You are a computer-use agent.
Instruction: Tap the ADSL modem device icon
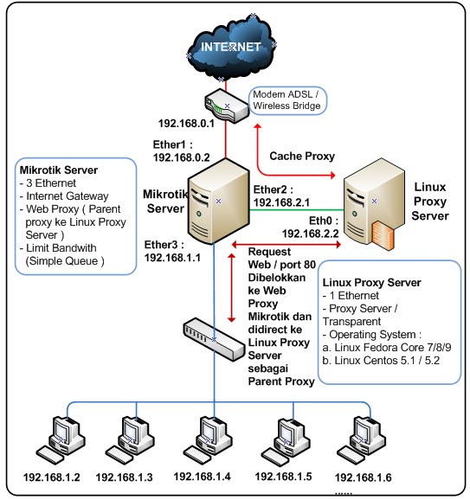click(226, 106)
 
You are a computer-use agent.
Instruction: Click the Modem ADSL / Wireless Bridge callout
click(287, 100)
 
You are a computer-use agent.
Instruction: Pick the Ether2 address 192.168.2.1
click(281, 202)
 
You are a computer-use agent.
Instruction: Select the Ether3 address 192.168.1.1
click(173, 258)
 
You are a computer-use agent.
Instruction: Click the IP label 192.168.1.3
click(124, 477)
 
